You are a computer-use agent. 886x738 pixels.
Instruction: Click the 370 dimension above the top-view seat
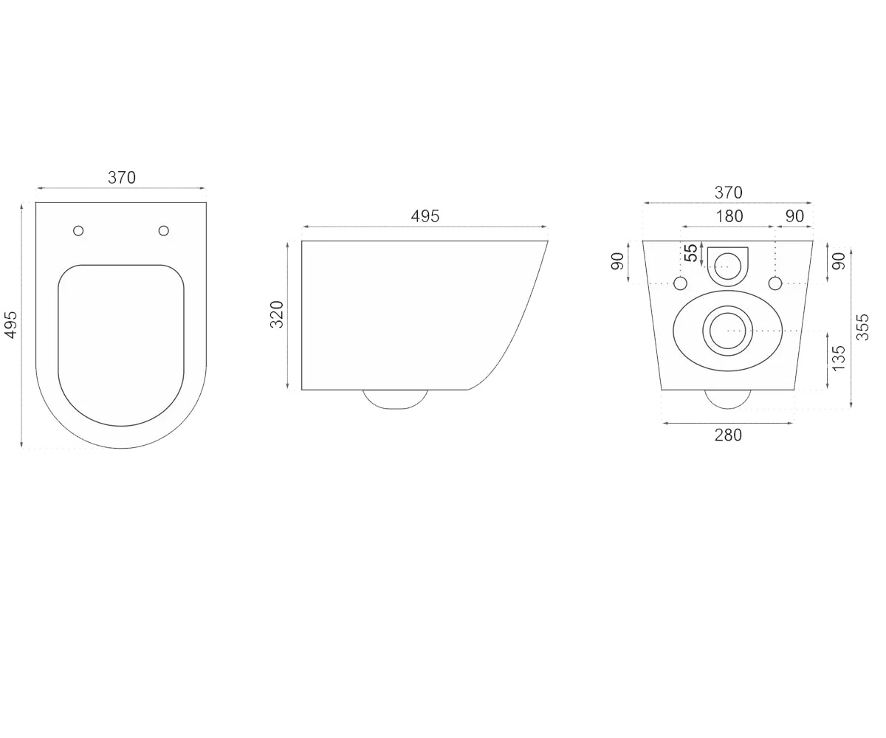[122, 178]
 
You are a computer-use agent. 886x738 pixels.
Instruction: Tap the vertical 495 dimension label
[12, 325]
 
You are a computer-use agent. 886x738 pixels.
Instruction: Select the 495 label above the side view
[425, 216]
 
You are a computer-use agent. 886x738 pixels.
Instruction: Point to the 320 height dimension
[277, 314]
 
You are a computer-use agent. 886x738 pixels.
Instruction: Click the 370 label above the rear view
[729, 193]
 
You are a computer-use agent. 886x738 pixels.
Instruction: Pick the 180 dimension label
[729, 216]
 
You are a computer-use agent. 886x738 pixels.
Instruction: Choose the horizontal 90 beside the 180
[794, 216]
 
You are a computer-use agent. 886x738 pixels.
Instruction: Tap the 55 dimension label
[691, 253]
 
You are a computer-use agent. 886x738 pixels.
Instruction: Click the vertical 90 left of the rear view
[617, 261]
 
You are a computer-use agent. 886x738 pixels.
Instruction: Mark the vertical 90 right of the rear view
[839, 261]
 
